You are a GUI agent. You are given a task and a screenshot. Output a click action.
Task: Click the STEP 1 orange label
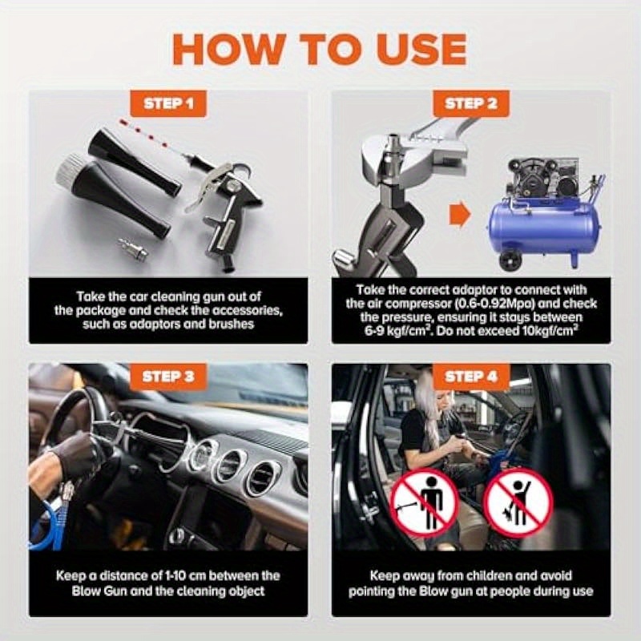(x=168, y=103)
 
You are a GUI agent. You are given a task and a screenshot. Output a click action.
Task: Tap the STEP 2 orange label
(x=471, y=103)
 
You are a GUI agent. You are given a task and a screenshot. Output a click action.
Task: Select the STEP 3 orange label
(x=168, y=377)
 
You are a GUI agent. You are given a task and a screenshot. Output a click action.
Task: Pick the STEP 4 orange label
(x=471, y=377)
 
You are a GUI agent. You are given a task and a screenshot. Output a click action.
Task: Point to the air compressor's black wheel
(x=509, y=260)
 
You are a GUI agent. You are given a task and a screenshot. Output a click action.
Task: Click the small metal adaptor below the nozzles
(x=133, y=249)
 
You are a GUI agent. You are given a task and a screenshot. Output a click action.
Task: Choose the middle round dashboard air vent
(x=231, y=466)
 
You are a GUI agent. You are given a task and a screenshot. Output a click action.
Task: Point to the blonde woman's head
(x=429, y=393)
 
